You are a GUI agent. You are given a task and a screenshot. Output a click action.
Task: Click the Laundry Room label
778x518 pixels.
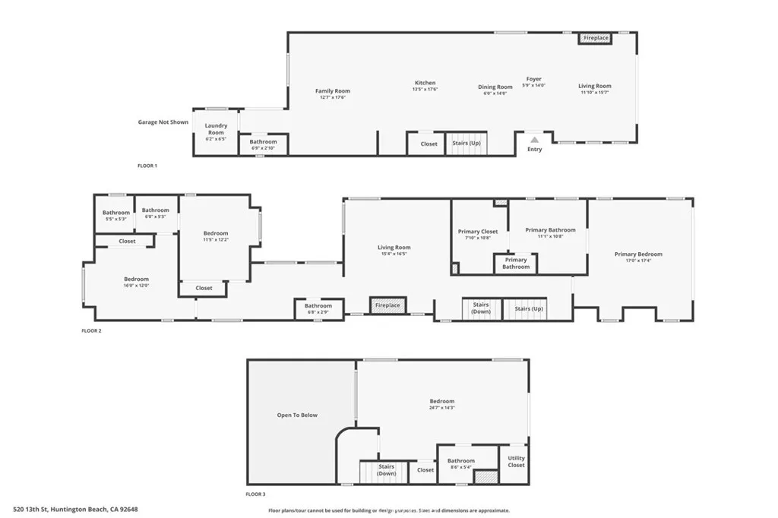tap(216, 129)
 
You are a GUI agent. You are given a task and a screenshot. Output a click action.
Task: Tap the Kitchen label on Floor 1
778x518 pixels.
tap(425, 83)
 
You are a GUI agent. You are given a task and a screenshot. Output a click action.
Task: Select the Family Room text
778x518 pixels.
tap(333, 91)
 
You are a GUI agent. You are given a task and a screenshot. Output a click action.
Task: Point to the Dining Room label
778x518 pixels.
tap(495, 87)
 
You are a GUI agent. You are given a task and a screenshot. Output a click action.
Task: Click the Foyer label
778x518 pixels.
tap(534, 79)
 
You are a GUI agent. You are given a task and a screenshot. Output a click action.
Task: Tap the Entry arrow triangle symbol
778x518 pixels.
tap(534, 140)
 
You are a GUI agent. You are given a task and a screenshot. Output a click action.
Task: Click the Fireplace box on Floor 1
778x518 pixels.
tap(595, 38)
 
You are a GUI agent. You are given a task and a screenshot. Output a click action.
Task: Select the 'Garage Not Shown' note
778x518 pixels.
tap(163, 122)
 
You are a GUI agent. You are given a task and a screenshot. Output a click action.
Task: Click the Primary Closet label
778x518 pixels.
tap(478, 232)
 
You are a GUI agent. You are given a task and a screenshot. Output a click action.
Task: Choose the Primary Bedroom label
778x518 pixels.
tap(638, 254)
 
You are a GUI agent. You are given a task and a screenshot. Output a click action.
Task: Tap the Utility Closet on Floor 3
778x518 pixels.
tap(516, 461)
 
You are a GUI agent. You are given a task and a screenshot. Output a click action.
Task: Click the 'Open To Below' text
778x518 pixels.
tap(297, 415)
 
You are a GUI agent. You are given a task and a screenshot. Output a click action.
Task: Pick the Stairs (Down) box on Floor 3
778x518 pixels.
tap(387, 470)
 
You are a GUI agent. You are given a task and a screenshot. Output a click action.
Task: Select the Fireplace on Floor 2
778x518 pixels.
tap(387, 305)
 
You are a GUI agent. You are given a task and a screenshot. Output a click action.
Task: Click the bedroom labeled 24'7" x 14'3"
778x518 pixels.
tap(441, 402)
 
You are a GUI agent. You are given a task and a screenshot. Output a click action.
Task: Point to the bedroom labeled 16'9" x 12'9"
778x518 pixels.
tap(137, 280)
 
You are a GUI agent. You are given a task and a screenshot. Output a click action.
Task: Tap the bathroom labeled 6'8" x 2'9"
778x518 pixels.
tap(318, 307)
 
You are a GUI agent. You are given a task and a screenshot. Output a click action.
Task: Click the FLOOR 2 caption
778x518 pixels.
tap(91, 331)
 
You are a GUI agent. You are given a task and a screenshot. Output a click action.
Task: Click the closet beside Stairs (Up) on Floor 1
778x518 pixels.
tap(429, 144)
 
